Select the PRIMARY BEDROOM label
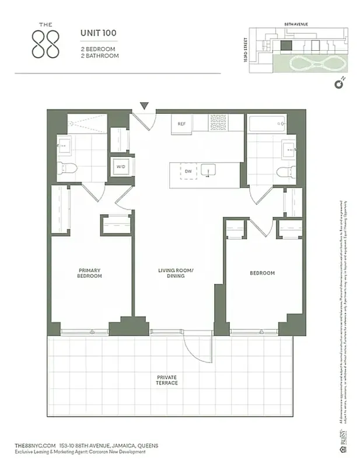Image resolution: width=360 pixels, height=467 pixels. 90,273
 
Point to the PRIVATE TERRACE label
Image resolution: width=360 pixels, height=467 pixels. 167,380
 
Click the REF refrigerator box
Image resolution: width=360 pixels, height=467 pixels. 181,124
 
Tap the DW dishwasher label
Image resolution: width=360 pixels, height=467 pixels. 188,171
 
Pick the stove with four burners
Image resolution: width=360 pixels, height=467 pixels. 218,123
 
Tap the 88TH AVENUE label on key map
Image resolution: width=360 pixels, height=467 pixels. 296,25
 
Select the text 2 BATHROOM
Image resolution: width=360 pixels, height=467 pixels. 100,56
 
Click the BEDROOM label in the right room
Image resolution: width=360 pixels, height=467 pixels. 262,273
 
